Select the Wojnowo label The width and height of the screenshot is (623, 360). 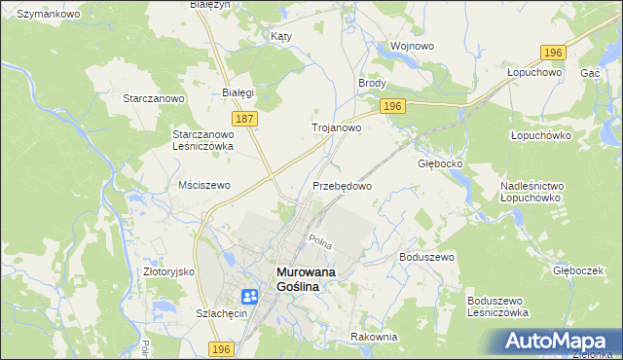tap(411, 46)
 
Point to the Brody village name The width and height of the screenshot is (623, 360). tap(373, 84)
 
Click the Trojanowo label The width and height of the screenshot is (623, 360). tap(337, 127)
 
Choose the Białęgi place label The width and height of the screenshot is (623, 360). tap(238, 93)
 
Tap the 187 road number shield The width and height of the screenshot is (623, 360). tap(245, 118)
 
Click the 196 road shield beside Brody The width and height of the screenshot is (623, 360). tap(392, 106)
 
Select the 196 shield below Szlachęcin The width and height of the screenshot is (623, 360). tap(221, 349)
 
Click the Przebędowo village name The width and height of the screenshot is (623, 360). tap(343, 185)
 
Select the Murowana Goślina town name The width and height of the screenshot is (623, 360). tap(306, 279)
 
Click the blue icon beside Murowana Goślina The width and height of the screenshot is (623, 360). tap(249, 297)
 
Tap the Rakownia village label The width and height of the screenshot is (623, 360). tap(374, 337)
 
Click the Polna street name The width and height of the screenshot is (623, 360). tap(319, 241)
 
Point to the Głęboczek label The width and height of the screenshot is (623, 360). tap(578, 271)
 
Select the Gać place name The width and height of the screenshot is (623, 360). tap(589, 73)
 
